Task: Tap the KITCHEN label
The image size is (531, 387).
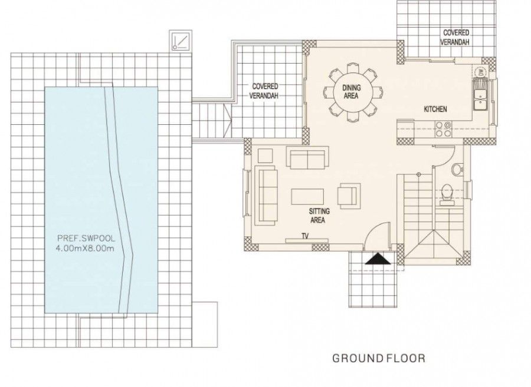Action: point(435,110)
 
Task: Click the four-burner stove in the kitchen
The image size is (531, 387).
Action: point(442,128)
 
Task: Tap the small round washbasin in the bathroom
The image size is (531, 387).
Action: point(456,170)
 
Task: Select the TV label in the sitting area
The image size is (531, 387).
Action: point(305,236)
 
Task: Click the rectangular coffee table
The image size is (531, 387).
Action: point(307,196)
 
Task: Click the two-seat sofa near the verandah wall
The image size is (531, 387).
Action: point(306,157)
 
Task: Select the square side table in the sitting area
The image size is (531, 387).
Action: point(265,156)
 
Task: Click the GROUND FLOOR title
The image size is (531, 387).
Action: point(379,358)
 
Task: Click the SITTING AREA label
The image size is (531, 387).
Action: point(319,215)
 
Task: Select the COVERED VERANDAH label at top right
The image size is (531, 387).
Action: point(456,38)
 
